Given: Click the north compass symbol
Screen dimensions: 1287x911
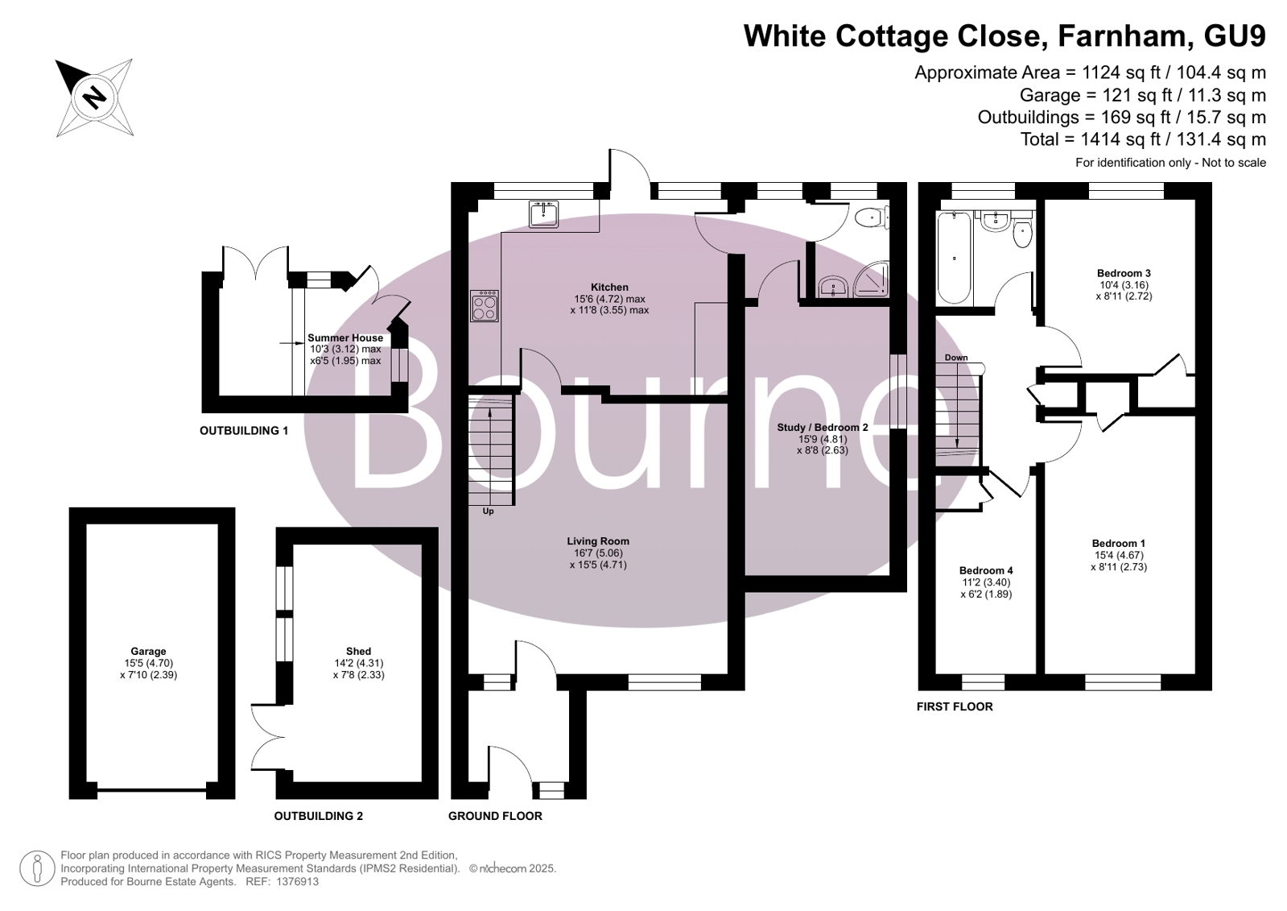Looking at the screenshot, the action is (x=95, y=97).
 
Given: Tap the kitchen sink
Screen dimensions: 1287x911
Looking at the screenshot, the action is (x=543, y=214).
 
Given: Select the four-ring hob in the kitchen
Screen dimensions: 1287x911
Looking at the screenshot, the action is (x=485, y=306).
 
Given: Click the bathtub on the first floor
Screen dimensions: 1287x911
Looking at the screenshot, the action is (x=954, y=259).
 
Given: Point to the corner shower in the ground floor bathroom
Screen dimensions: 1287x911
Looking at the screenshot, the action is (x=872, y=280).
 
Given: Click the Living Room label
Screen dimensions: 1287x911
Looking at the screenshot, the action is (x=598, y=541).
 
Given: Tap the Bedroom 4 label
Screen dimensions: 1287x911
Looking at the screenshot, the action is (x=986, y=570).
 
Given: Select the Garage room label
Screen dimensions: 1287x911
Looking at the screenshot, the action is (x=148, y=651).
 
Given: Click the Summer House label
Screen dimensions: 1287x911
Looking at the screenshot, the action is (x=345, y=338).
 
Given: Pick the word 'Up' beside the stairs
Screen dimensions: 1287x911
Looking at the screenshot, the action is (x=488, y=511).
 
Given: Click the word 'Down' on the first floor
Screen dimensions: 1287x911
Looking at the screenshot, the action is (x=956, y=358).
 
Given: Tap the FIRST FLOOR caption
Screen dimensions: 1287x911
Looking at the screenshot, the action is (x=955, y=707).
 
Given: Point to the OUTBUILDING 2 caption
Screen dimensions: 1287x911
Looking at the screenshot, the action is (x=318, y=816).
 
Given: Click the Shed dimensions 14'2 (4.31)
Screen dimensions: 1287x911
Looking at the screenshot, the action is (x=358, y=663).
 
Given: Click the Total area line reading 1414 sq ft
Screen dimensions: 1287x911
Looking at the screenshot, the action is (x=1143, y=139).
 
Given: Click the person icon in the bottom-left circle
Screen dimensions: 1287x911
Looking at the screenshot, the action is (x=37, y=869).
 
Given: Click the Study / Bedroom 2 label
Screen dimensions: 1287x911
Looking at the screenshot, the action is (x=823, y=428).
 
